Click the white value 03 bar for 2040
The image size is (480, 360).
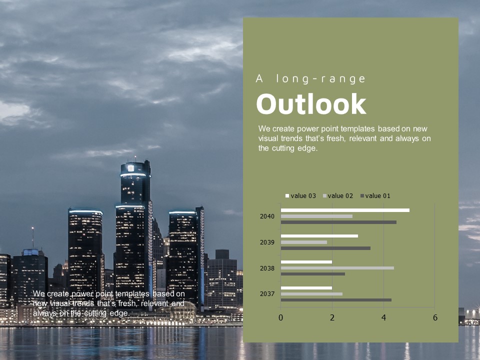coord(345,210)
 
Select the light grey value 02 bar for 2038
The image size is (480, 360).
coord(337,268)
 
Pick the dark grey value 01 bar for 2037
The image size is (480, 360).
coord(336,300)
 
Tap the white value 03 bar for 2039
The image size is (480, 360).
coord(319,236)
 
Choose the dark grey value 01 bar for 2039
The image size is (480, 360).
coord(325,248)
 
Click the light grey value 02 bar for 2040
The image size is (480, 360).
coord(316,216)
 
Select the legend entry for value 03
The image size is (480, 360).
coord(300,196)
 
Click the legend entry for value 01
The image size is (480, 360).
coord(375,196)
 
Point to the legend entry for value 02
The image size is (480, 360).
coord(338,196)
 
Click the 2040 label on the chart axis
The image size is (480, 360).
coord(267,216)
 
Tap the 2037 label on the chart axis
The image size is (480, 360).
coord(267,294)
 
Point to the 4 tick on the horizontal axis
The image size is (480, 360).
coord(384,318)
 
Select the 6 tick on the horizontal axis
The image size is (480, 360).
coord(435,318)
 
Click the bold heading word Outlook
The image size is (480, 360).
coord(311,104)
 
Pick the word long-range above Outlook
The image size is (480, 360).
coord(321,79)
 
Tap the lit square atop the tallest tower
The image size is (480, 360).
coord(130,168)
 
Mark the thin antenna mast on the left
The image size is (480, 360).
coord(33,237)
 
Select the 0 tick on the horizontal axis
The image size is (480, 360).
coord(280,318)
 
